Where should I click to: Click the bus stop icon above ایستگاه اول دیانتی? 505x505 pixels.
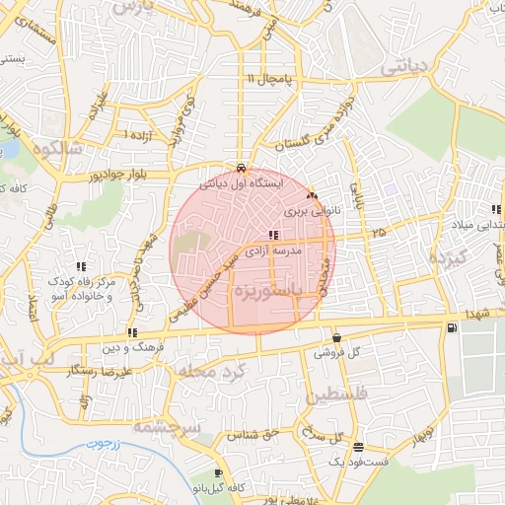point(242,167)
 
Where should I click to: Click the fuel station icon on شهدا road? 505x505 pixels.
point(451,327)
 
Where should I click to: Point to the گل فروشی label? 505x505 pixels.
point(335,352)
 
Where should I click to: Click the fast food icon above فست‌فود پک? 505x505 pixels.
point(358,446)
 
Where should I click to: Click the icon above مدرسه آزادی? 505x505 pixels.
point(273,235)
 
